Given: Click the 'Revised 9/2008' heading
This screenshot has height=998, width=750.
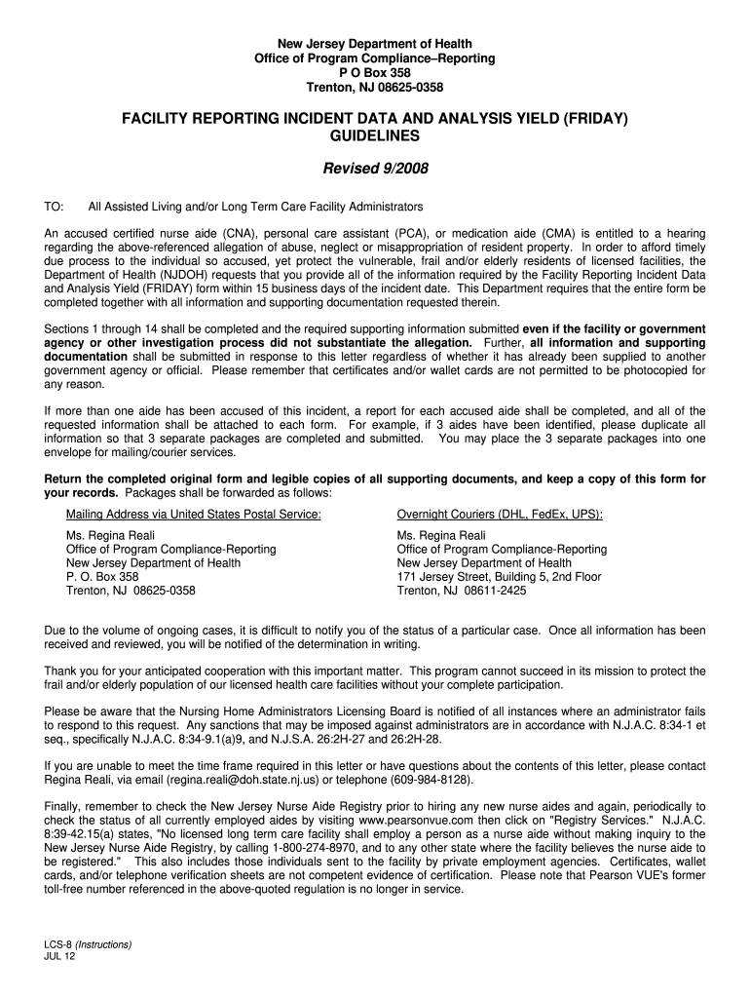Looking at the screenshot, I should (375, 169).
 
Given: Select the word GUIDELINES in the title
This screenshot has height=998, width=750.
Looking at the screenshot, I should (375, 137).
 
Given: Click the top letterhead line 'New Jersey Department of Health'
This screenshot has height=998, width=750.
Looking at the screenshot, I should (375, 44).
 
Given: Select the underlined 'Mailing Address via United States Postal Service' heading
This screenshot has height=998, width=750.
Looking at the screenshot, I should (193, 515).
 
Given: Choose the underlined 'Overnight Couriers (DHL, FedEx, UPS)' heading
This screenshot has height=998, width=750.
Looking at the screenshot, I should (500, 515).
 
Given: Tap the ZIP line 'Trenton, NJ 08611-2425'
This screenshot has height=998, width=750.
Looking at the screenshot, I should (462, 591).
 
